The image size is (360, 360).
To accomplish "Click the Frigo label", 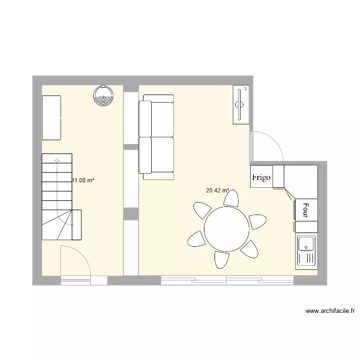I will [x=261, y=177].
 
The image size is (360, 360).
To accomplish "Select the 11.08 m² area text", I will [x=83, y=181].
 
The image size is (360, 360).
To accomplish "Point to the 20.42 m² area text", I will [x=217, y=191].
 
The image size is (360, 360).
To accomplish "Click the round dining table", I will [x=227, y=228].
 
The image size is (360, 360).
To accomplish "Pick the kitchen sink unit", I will [x=306, y=252].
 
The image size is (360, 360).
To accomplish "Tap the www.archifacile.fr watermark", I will [x=330, y=311].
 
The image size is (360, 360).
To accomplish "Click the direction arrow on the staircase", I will [x=57, y=160].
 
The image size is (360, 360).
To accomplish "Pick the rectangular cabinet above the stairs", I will [x=51, y=118].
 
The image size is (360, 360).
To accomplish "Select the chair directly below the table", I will [x=222, y=260].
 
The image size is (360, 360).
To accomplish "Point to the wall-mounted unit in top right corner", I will [x=240, y=105].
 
